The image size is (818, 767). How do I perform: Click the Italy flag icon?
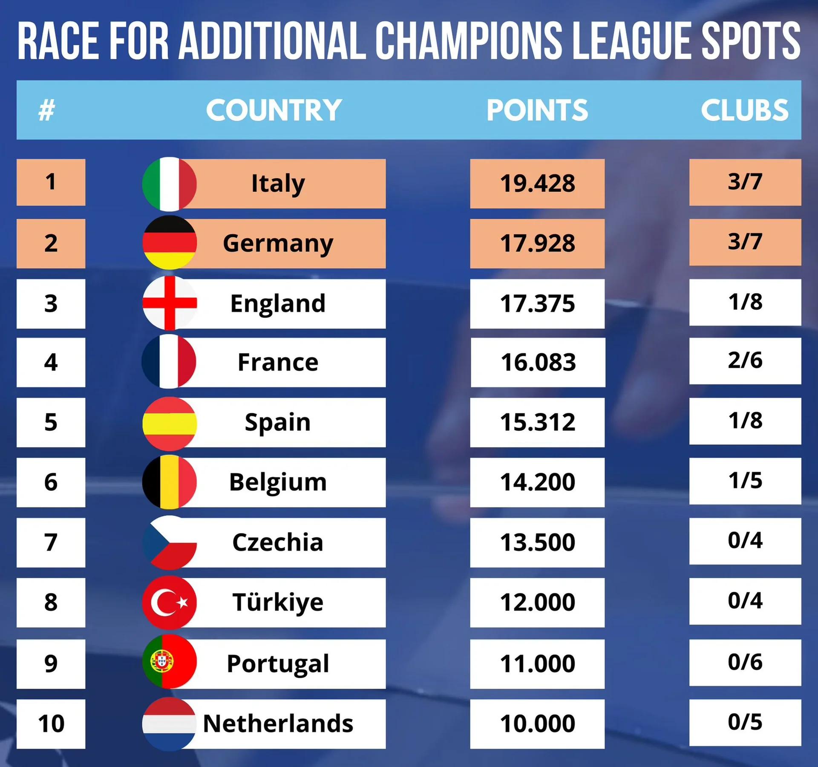tap(169, 184)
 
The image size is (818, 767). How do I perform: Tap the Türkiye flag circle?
tap(169, 602)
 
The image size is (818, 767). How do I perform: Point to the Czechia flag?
tap(169, 542)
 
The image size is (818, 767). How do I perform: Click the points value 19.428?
tap(537, 184)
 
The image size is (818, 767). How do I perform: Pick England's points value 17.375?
tap(537, 304)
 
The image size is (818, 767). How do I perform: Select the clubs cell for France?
tap(745, 361)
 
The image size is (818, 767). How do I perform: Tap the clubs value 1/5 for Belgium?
tap(745, 481)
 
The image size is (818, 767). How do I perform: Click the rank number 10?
tap(51, 724)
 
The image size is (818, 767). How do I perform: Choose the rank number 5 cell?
tap(51, 422)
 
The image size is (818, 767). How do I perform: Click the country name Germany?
tap(278, 244)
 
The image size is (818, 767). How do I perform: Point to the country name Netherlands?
tap(278, 724)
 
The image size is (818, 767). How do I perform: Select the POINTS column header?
tap(537, 110)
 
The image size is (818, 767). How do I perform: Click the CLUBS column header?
tap(744, 110)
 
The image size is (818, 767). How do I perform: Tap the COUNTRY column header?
tap(274, 110)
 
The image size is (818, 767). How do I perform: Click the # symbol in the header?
tap(47, 110)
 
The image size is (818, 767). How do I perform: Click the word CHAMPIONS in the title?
tap(469, 41)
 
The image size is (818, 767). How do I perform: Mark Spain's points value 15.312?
tap(537, 422)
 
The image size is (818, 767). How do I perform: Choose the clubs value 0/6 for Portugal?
tap(745, 662)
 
